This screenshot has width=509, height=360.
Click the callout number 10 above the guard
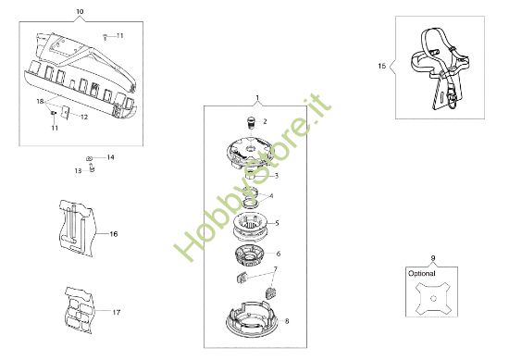click(x=79, y=11)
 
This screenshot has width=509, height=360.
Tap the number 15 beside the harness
click(x=382, y=66)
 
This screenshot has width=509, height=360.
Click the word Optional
click(x=421, y=274)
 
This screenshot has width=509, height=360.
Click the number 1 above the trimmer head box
click(x=257, y=97)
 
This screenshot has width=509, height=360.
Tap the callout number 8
click(x=287, y=320)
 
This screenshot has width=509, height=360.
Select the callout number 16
click(x=114, y=234)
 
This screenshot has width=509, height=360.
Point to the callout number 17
click(x=116, y=312)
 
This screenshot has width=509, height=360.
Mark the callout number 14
click(x=110, y=157)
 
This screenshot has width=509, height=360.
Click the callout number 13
click(x=78, y=170)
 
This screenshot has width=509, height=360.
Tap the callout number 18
click(x=40, y=100)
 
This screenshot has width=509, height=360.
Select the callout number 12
click(x=83, y=118)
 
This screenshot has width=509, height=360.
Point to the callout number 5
click(x=278, y=223)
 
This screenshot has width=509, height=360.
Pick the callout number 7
click(x=274, y=269)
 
